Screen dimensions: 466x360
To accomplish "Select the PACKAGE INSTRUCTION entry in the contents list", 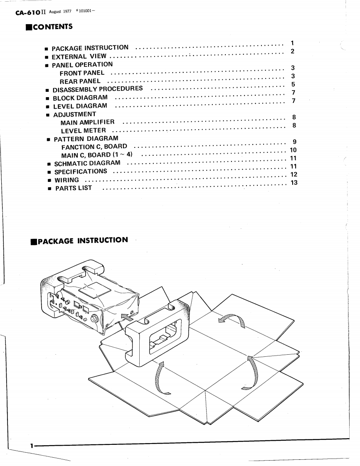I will [90, 48].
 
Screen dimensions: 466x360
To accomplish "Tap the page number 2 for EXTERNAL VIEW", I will [292, 52].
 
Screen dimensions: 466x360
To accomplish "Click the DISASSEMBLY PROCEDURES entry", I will [98, 89].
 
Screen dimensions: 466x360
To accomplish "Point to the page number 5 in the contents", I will [293, 84].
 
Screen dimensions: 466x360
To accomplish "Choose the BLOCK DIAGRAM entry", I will [80, 98].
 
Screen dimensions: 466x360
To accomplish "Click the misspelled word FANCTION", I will [78, 147].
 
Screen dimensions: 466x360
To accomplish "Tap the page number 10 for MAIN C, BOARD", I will [293, 150].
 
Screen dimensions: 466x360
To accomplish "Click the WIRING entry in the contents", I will [67, 180].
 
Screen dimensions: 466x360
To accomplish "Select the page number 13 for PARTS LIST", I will [294, 183].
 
